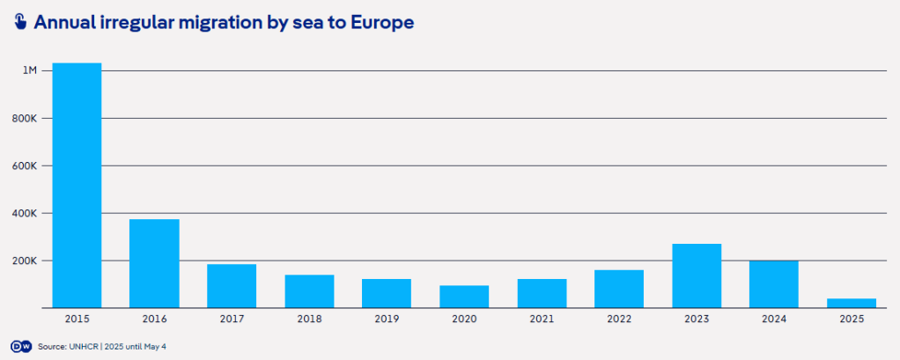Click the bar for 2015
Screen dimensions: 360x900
coord(77,185)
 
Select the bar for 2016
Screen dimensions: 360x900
coord(154,263)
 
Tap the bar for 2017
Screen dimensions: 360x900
coord(232,286)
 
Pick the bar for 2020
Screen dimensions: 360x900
coord(464,297)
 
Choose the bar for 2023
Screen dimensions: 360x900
coord(697,276)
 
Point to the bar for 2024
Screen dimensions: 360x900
coord(774,284)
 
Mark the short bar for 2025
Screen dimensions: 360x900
coord(852,303)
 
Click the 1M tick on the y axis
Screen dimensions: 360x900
coord(29,70)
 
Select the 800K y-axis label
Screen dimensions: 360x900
coord(25,118)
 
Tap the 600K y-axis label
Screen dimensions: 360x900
coord(25,165)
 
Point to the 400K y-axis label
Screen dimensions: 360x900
coord(25,213)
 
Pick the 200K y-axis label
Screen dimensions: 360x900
coord(25,261)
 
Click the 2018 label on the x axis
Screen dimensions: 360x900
coord(309,319)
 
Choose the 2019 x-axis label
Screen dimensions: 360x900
coord(387,319)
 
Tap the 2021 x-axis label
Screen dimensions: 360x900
coord(542,319)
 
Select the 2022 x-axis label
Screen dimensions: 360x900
coord(619,319)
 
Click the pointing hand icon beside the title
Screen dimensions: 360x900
coord(20,22)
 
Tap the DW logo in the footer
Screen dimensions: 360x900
coord(20,347)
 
